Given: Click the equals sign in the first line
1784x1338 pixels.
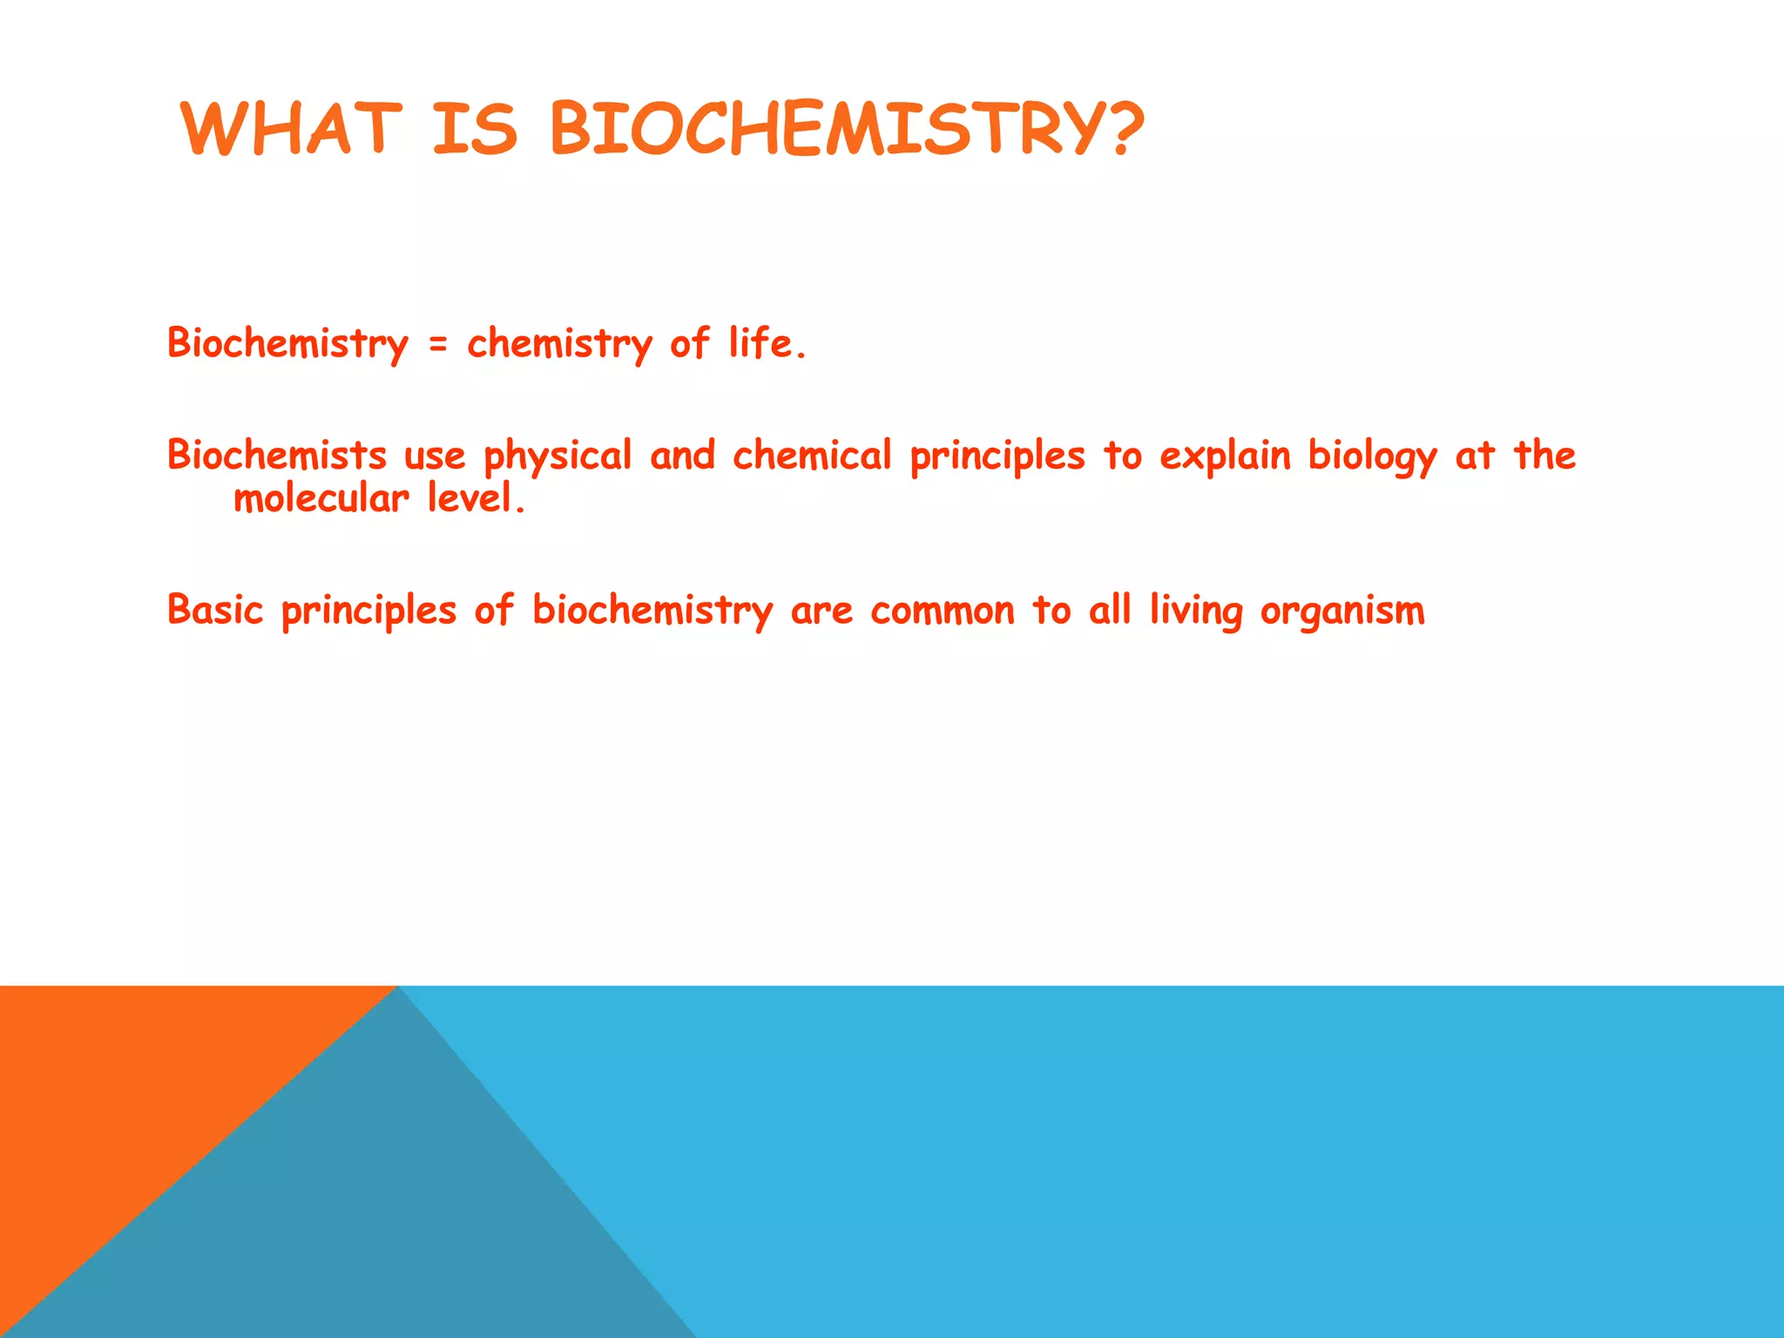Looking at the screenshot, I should [x=438, y=346].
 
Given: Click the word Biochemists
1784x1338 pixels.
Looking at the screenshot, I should [x=277, y=455].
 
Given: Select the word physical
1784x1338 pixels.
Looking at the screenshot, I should [x=557, y=456].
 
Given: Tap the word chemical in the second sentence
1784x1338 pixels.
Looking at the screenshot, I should [x=812, y=455].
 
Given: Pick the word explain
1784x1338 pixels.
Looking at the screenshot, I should [x=1225, y=456].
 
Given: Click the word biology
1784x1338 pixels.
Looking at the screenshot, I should [x=1373, y=456].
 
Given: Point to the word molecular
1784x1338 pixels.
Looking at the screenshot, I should [x=321, y=499].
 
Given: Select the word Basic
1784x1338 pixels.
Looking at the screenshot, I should [x=215, y=609].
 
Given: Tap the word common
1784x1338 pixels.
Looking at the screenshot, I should [x=943, y=611].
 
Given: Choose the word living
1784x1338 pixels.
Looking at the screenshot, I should [x=1196, y=611].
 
